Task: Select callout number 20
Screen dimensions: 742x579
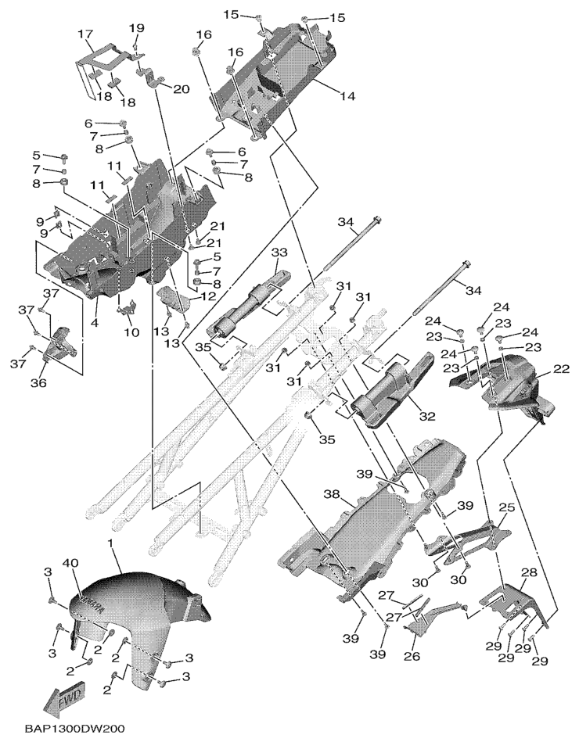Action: (181, 89)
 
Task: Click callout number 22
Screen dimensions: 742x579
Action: (561, 369)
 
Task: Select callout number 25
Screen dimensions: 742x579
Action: (506, 508)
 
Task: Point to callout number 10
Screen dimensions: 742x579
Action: (131, 332)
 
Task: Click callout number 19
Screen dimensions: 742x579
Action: (137, 28)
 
